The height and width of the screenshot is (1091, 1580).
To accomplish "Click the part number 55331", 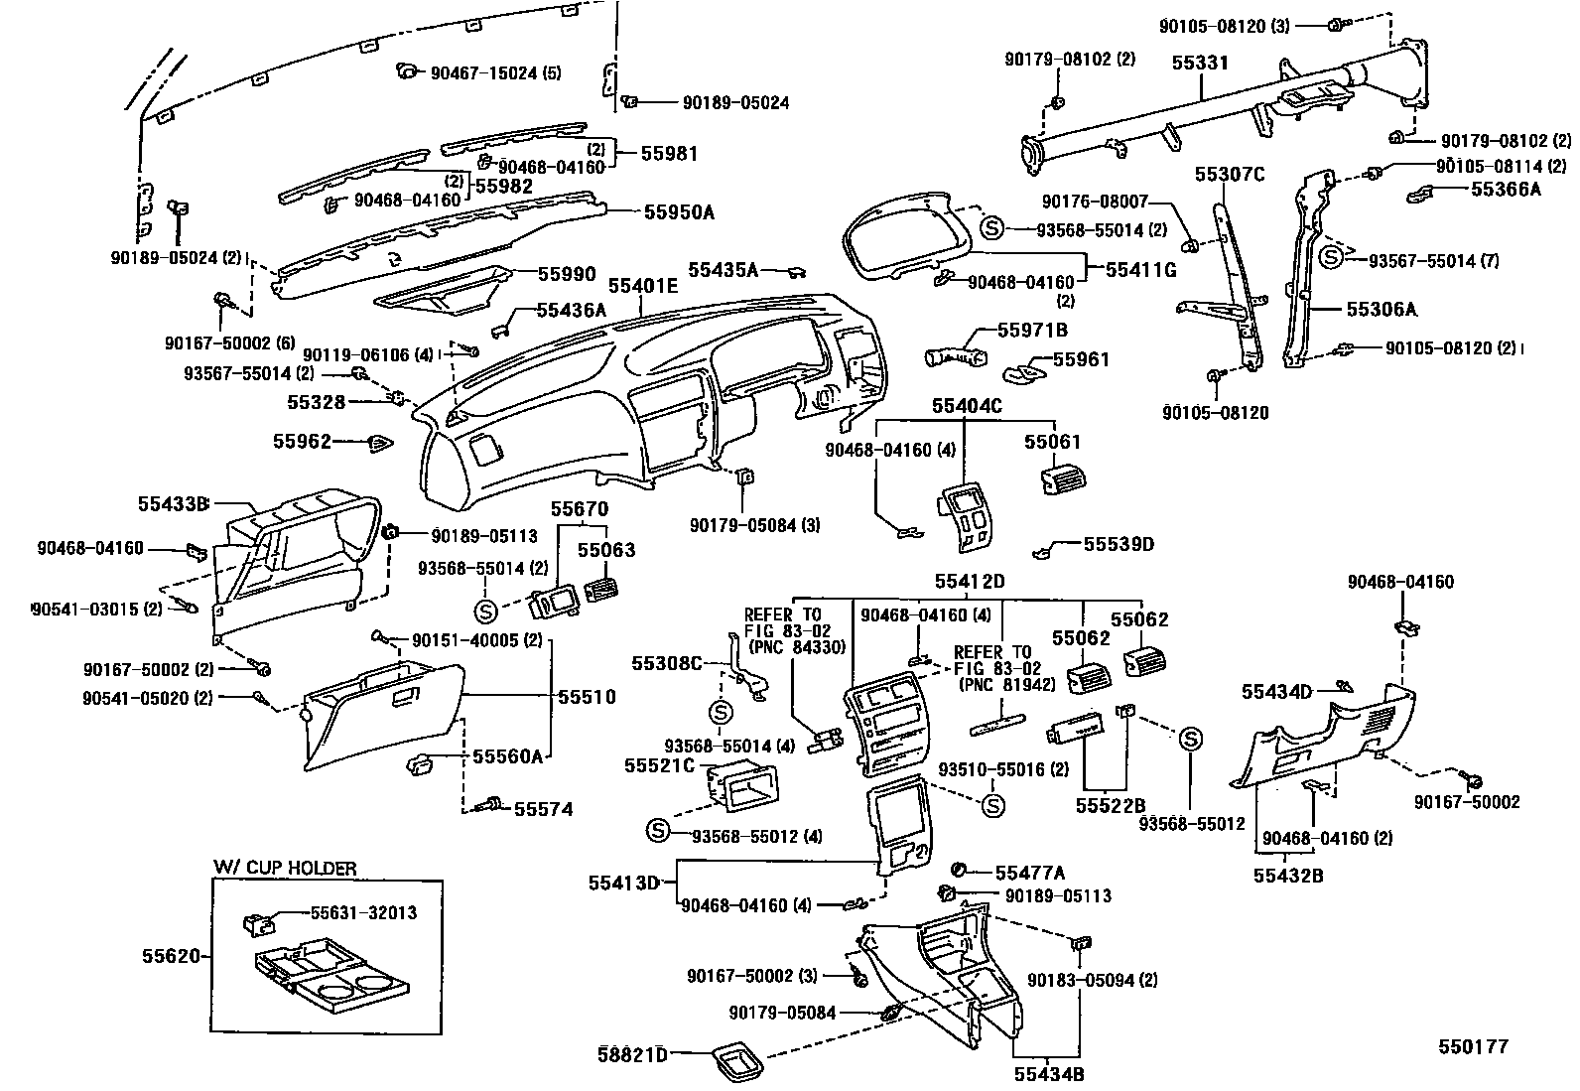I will coord(1200,63).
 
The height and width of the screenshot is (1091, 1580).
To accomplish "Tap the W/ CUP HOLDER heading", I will coord(284,868).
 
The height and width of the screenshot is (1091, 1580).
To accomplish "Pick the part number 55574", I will coord(543,809).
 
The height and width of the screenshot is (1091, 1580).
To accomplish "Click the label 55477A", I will coord(1029,873).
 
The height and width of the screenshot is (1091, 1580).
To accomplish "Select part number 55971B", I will coord(1032,330).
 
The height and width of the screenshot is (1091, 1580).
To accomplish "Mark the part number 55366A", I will coord(1506,189).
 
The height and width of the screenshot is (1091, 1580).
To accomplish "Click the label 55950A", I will coord(679,211).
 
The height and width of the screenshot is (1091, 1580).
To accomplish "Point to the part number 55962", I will coord(302,441).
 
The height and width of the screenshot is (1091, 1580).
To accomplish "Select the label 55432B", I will coord(1288,875).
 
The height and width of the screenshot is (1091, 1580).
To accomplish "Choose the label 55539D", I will coord(1119,544).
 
